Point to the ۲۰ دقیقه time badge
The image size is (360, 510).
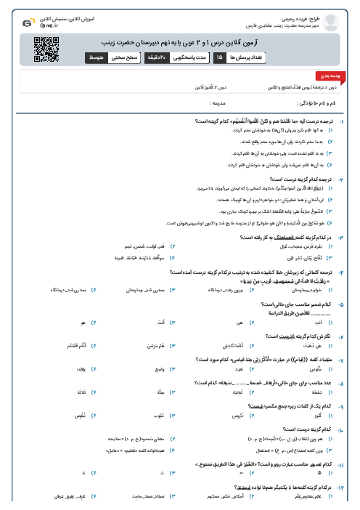tap(155, 57)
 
